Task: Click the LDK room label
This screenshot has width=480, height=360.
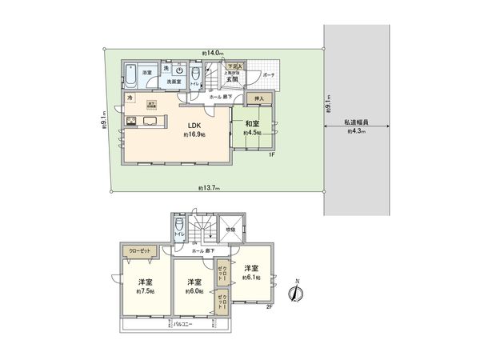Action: point(194,126)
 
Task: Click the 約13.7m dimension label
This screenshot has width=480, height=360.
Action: point(210,188)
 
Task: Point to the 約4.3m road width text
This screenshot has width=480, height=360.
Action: point(356,130)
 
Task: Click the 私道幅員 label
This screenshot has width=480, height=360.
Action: point(356,122)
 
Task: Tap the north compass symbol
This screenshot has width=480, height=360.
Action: point(297,292)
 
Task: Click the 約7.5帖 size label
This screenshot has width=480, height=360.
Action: point(146,290)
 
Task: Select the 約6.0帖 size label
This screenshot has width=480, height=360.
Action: point(193,290)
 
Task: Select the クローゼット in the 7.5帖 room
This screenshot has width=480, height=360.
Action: point(140,250)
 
